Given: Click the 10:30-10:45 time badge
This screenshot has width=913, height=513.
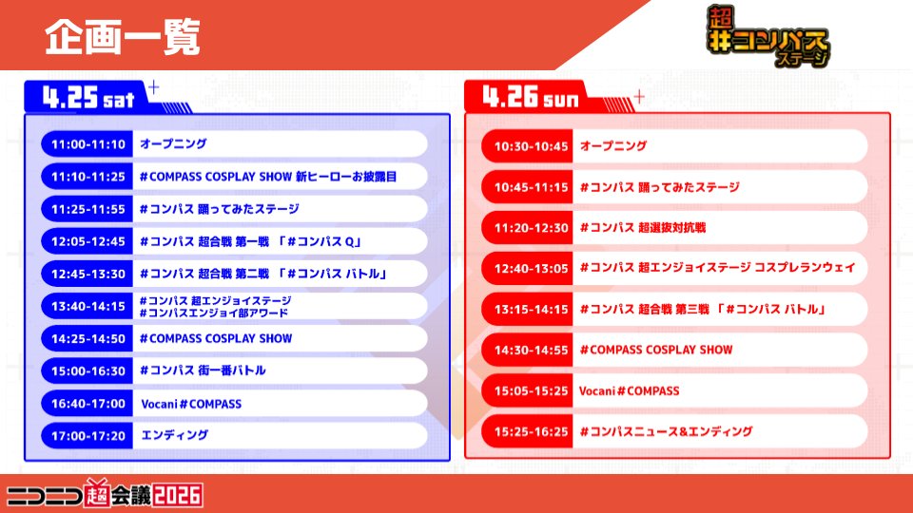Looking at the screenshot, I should [531, 146].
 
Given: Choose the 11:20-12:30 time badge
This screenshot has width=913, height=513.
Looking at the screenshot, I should [531, 228].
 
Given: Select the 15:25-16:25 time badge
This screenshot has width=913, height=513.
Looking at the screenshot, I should [531, 431].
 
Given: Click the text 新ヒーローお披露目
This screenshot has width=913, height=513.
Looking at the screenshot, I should [345, 177].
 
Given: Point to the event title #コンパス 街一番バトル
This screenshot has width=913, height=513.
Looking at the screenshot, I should [203, 370].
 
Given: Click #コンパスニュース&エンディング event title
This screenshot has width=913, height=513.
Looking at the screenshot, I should [666, 431].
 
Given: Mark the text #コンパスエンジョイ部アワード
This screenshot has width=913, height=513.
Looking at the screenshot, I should [214, 313].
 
